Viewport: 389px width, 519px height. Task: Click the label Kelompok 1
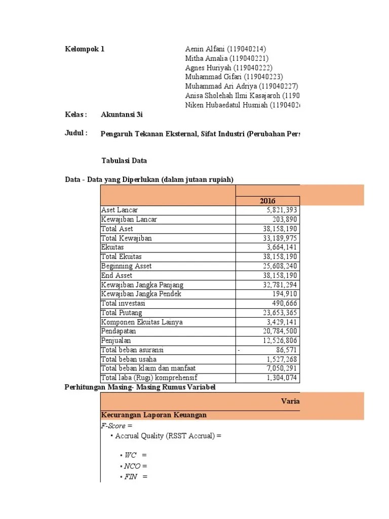click(x=85, y=49)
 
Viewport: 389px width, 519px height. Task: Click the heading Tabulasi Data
click(x=124, y=161)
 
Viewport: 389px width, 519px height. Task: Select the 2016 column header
click(x=268, y=201)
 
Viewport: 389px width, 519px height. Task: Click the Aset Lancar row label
click(x=120, y=210)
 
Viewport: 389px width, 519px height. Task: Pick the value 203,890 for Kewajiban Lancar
click(x=284, y=219)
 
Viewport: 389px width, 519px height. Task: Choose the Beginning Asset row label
click(x=126, y=266)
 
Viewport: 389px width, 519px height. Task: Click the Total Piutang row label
click(x=122, y=313)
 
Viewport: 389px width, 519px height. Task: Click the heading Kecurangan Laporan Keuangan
click(x=154, y=415)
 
